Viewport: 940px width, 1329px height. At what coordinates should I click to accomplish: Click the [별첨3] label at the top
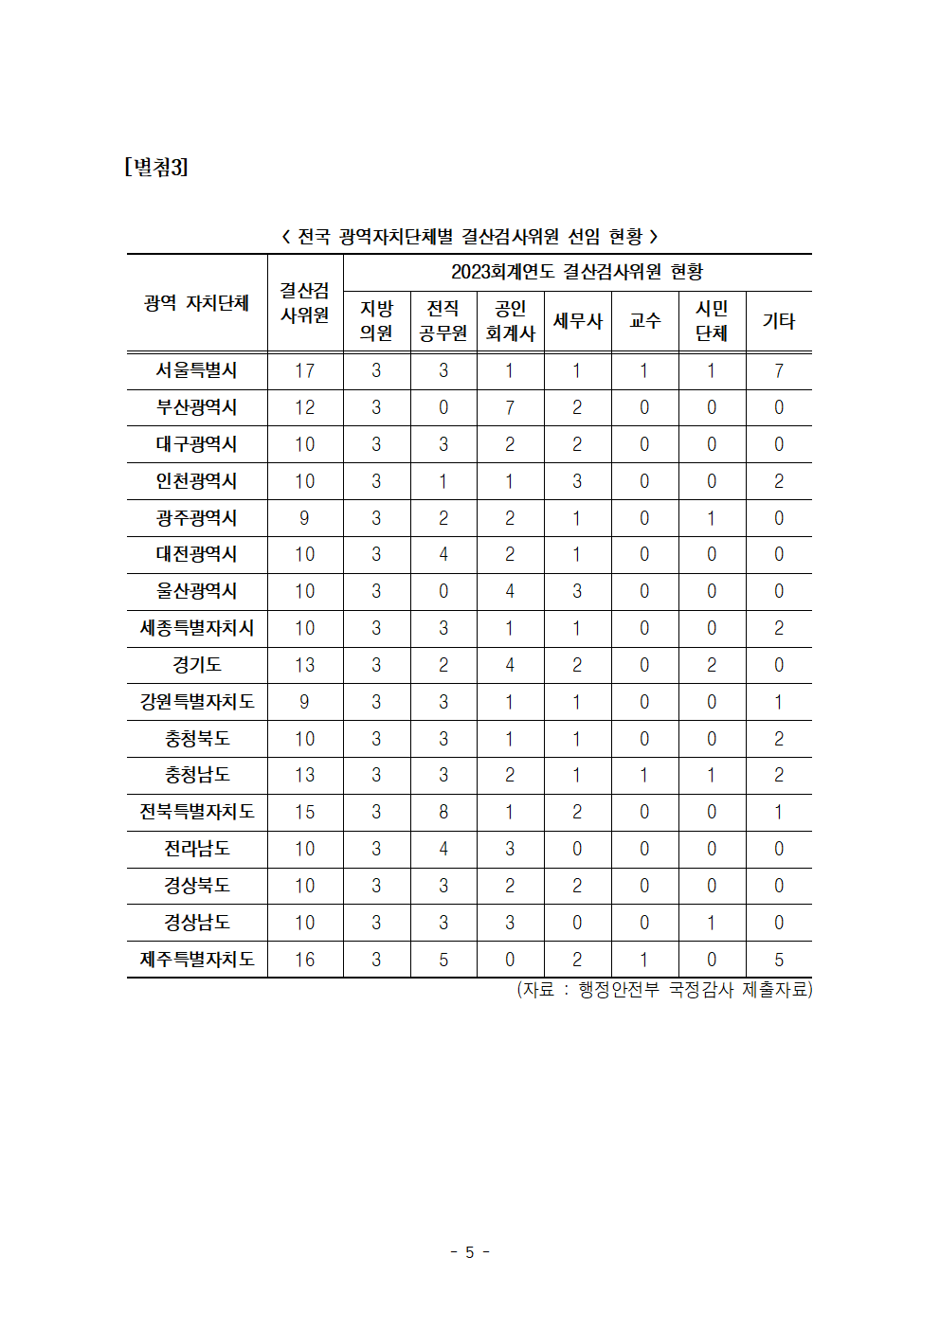156,168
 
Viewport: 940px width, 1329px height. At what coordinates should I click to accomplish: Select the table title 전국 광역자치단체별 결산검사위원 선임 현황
470,236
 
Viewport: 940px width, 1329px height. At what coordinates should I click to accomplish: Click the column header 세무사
577,321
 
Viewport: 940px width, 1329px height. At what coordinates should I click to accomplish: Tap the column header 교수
644,321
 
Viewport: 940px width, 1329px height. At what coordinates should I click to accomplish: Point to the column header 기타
778,321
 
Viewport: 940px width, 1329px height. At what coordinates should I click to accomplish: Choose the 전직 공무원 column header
443,321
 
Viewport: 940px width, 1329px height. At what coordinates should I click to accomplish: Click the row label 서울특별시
197,370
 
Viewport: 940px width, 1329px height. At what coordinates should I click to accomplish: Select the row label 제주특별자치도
197,960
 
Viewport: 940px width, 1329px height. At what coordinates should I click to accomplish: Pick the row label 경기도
197,665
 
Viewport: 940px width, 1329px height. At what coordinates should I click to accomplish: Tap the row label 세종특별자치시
197,628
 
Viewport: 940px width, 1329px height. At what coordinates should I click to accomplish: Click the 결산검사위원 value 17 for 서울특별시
304,370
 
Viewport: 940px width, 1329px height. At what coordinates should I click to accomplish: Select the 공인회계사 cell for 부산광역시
510,407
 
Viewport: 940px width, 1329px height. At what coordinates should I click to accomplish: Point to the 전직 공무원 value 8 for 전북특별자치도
443,812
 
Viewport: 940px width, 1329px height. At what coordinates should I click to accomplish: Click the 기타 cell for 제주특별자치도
778,960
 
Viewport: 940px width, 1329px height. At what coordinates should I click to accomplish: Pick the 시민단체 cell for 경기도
712,665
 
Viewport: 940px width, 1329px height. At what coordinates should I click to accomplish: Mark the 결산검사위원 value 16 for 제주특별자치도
304,960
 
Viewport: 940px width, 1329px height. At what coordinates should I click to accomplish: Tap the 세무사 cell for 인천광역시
577,481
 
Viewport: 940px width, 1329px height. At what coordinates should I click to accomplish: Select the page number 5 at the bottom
469,1252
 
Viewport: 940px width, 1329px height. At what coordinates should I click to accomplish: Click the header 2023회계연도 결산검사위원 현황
577,272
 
